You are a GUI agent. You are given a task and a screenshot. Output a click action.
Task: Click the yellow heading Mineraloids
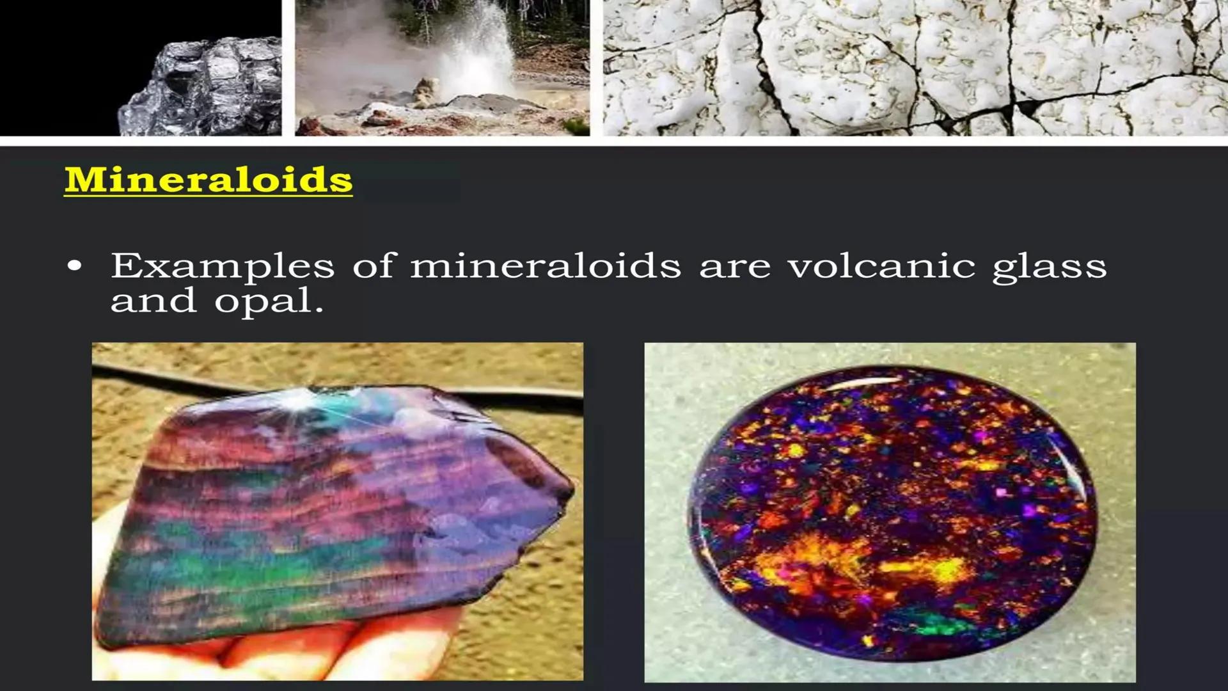(x=209, y=180)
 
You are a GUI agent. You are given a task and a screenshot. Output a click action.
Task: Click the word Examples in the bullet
(x=223, y=266)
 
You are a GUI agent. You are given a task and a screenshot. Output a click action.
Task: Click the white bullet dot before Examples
(x=75, y=266)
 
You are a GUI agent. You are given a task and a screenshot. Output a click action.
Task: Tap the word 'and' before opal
(x=153, y=300)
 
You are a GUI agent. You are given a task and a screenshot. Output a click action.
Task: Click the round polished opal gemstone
(x=893, y=512)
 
